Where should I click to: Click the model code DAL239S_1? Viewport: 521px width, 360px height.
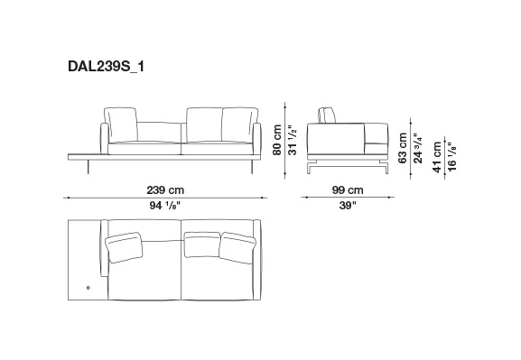[x=106, y=67]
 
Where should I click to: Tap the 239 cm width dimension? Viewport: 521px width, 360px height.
[x=165, y=190]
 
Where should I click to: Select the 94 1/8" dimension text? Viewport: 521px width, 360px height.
[x=164, y=206]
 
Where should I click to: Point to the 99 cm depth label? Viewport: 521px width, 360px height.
[x=348, y=190]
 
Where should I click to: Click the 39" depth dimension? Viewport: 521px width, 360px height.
[x=348, y=206]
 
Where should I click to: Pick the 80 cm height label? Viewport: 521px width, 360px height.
[x=277, y=140]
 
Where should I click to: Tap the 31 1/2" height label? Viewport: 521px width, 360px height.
[x=292, y=140]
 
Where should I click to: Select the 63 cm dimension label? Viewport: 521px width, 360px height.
[x=403, y=148]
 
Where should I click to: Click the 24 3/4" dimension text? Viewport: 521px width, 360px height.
[x=418, y=148]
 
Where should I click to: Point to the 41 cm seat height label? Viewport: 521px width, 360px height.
[x=437, y=157]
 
